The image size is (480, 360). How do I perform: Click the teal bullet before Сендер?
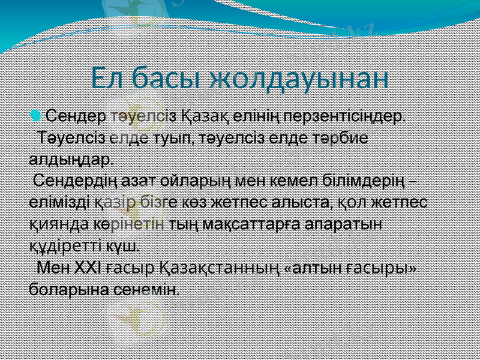[37, 114]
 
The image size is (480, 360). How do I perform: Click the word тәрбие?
[337, 137]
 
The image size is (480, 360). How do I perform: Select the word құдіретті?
[65, 246]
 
